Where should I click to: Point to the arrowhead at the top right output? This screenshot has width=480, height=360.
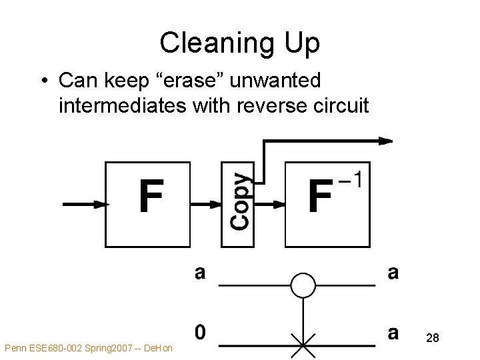click(385, 141)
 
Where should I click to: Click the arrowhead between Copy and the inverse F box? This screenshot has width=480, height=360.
click(279, 205)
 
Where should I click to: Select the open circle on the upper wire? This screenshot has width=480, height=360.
click(303, 285)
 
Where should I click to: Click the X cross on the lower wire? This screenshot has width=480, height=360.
click(303, 346)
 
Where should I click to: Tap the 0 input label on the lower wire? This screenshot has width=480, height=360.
click(200, 331)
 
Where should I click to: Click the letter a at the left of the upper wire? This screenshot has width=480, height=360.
click(200, 273)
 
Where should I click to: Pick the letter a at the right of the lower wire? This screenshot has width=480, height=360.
click(393, 331)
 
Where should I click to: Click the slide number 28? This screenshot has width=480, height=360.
click(433, 339)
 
